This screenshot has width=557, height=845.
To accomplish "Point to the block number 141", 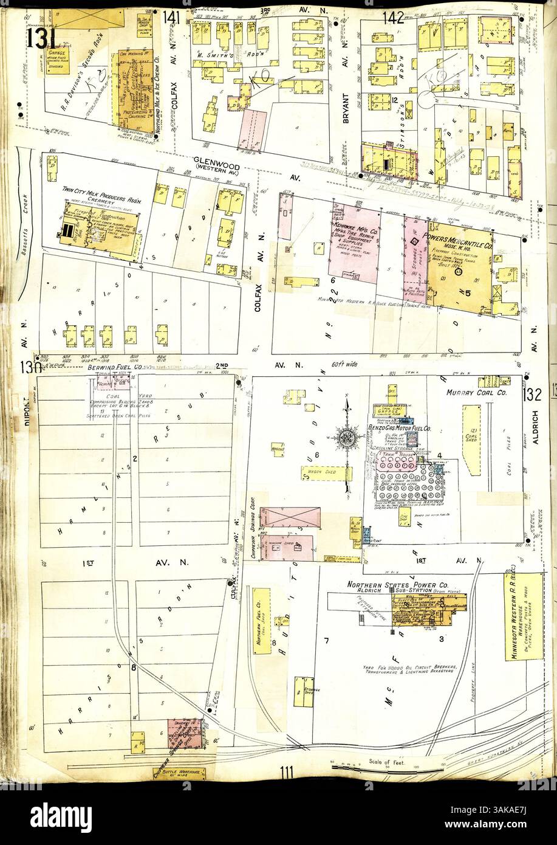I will coord(171,20).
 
